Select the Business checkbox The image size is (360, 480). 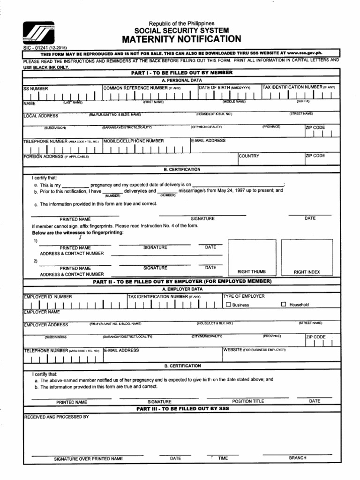tap(228, 305)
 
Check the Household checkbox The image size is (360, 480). tap(283, 305)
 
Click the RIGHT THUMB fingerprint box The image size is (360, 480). tap(251, 256)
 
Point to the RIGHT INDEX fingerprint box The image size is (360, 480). tap(307, 256)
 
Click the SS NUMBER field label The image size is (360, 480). tap(36, 88)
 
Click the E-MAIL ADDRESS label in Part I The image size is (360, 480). tap(209, 141)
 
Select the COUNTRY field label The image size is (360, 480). tap(249, 156)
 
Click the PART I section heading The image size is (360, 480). tap(182, 73)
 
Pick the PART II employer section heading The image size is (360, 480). tap(182, 281)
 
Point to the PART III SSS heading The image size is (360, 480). tap(182, 409)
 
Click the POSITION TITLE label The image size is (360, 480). tap(248, 401)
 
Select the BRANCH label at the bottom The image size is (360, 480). tap(298, 458)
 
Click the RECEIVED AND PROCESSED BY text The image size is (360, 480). tap(56, 416)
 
